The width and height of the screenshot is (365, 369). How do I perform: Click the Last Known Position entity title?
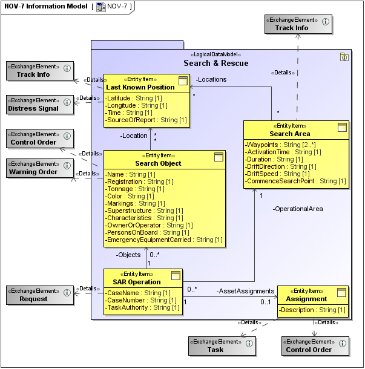pyautogui.click(x=140, y=87)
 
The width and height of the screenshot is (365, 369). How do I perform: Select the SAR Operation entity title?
pyautogui.click(x=136, y=282)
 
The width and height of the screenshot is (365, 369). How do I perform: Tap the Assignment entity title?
pyautogui.click(x=306, y=299)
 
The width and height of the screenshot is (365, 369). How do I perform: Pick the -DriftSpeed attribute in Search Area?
pyautogui.click(x=281, y=174)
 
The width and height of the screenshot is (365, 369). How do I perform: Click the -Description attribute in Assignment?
pyautogui.click(x=312, y=310)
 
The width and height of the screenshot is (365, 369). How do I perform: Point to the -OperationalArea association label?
pyautogui.click(x=297, y=209)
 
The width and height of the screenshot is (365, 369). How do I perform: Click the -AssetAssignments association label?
pyautogui.click(x=241, y=290)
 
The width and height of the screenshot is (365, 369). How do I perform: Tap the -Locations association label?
pyautogui.click(x=211, y=79)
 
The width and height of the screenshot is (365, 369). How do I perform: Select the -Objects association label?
pyautogui.click(x=128, y=255)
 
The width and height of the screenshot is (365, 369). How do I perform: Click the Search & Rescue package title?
pyautogui.click(x=215, y=64)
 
